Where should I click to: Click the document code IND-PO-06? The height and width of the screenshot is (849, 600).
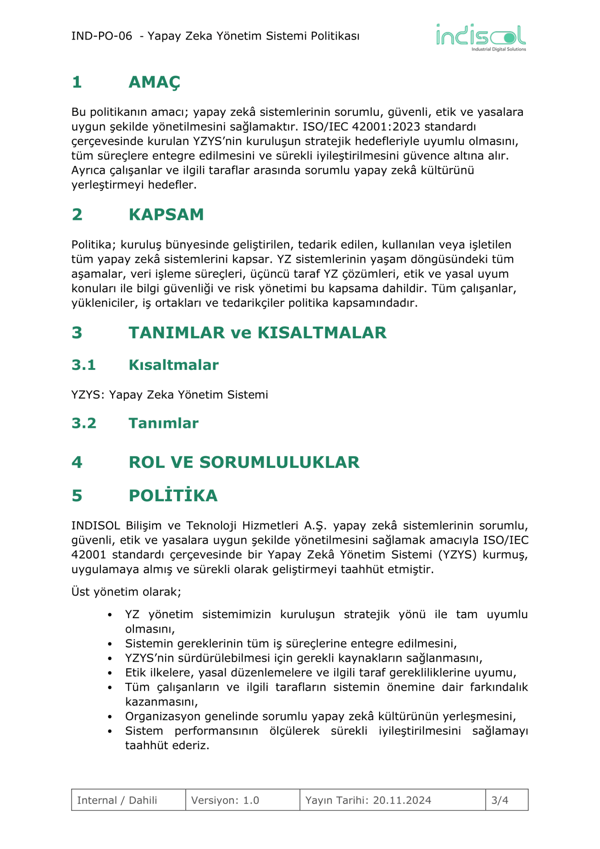click(102, 36)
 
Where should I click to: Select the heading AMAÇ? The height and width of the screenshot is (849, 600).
click(154, 82)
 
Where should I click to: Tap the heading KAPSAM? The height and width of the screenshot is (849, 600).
click(166, 215)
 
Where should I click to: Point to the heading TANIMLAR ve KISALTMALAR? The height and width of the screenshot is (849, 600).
click(257, 333)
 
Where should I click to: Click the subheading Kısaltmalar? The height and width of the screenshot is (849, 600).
click(174, 365)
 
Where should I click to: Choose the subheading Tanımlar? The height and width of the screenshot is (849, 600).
click(163, 423)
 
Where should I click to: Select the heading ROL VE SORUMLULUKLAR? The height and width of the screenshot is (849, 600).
click(244, 462)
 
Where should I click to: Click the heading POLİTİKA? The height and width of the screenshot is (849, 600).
click(173, 496)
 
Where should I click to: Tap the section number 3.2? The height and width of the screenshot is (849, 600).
click(84, 423)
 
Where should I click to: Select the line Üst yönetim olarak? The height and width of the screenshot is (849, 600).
click(126, 592)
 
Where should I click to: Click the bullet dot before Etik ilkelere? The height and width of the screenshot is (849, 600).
click(110, 673)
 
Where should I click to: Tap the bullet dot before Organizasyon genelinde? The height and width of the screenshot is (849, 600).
click(110, 717)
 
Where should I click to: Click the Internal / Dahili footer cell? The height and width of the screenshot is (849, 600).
click(117, 800)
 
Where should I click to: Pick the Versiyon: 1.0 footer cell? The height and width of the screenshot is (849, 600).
click(225, 800)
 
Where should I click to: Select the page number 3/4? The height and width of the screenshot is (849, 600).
click(499, 800)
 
